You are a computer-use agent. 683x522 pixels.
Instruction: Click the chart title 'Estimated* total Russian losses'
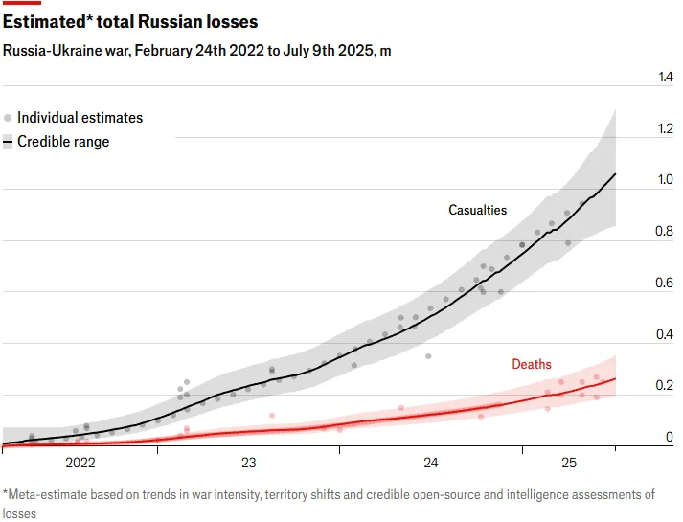(130, 20)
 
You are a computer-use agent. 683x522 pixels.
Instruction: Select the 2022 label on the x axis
(80, 464)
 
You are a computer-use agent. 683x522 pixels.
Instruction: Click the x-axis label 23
(249, 464)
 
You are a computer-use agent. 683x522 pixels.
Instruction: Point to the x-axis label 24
(430, 464)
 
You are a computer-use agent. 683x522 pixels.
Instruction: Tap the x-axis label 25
(569, 464)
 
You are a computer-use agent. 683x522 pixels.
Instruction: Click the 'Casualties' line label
(478, 210)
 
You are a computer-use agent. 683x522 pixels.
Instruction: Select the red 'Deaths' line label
(532, 364)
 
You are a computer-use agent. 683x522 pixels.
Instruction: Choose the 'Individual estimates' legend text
(80, 118)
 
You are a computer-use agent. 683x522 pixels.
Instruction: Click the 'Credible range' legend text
(63, 142)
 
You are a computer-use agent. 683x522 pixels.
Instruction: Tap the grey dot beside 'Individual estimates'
(8, 118)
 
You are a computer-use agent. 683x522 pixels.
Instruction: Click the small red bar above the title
(22, 3)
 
